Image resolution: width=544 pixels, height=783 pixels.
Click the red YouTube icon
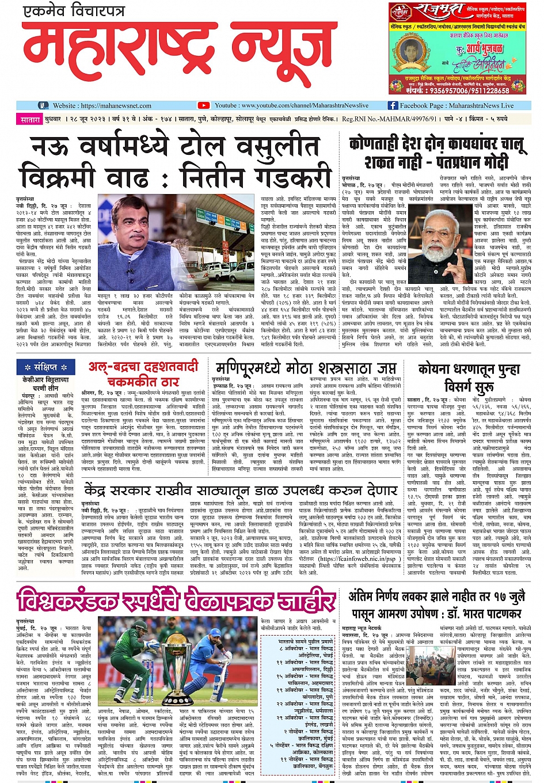tap(203, 105)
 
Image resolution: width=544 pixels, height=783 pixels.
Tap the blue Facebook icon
tap(393, 105)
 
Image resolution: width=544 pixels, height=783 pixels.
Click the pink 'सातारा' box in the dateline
tap(30, 119)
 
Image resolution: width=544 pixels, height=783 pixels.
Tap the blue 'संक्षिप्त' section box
tap(45, 367)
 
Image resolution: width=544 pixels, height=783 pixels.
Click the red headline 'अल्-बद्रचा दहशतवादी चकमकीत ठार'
tap(143, 374)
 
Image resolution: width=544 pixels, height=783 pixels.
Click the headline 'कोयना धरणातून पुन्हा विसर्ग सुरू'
tap(469, 377)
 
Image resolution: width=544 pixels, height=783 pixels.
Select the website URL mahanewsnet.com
tap(116, 106)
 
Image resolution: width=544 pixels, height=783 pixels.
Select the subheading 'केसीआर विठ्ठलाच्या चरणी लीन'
tap(45, 384)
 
